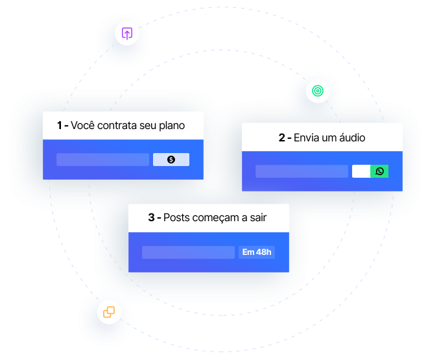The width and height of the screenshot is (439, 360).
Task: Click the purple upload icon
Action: [127, 33]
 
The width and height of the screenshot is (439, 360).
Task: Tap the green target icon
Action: [317, 91]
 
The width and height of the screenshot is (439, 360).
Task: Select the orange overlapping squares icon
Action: [109, 312]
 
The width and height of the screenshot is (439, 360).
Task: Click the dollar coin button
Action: [171, 160]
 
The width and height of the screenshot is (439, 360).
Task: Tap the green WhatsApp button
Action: [379, 171]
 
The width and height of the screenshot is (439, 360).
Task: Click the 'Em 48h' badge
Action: [257, 252]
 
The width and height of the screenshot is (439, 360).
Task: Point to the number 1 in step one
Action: [60, 126]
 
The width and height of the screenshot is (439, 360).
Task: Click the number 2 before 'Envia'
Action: [282, 138]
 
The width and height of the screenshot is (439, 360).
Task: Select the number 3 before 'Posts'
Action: [152, 218]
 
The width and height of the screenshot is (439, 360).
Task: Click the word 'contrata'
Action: [118, 126]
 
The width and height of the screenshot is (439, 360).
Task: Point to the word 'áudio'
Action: [351, 138]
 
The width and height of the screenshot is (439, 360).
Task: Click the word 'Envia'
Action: [307, 138]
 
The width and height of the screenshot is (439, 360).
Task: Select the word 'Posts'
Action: [177, 218]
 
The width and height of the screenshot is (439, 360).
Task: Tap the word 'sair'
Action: [258, 218]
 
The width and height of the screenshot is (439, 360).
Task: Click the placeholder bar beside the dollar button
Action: [102, 160]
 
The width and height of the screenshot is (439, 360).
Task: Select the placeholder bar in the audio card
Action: [302, 171]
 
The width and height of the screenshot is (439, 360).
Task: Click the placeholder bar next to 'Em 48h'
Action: [188, 252]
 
